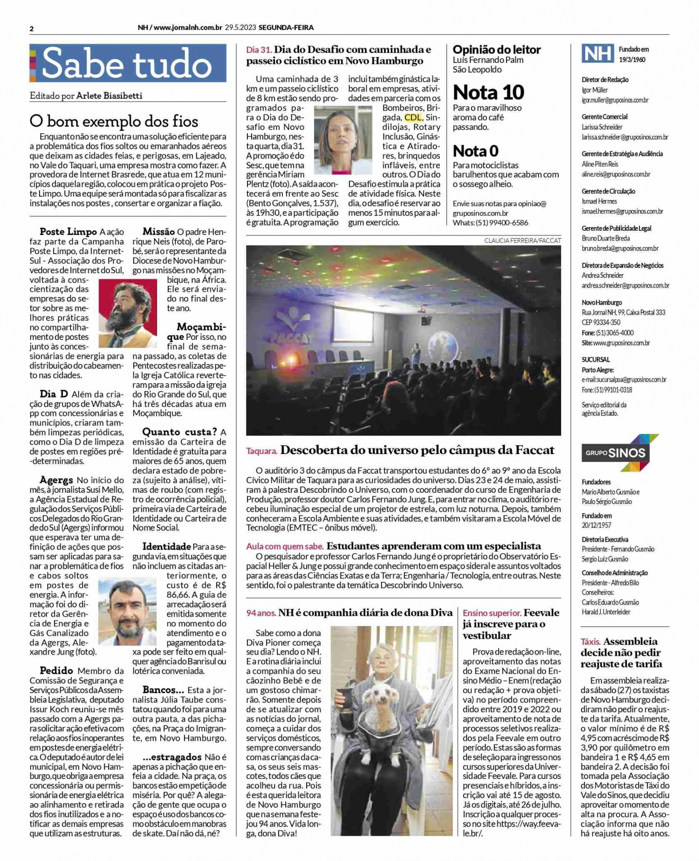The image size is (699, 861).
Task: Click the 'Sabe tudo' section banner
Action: (128, 63)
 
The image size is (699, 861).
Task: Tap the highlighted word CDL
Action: (412, 117)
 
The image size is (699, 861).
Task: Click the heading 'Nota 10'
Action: (488, 92)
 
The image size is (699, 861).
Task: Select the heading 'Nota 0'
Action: (475, 151)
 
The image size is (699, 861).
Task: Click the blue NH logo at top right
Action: (597, 54)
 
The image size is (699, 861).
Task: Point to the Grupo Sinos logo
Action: (620, 452)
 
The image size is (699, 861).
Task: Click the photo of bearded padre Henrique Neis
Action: (127, 313)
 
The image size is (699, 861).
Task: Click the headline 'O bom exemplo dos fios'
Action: (114, 121)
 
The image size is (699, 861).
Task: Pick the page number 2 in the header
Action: (32, 29)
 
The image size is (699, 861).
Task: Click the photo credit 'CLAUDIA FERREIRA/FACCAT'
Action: (522, 241)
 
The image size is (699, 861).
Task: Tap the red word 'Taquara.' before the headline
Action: (261, 451)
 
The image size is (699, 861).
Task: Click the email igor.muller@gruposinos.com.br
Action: (615, 100)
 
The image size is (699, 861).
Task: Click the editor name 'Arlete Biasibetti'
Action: (109, 96)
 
